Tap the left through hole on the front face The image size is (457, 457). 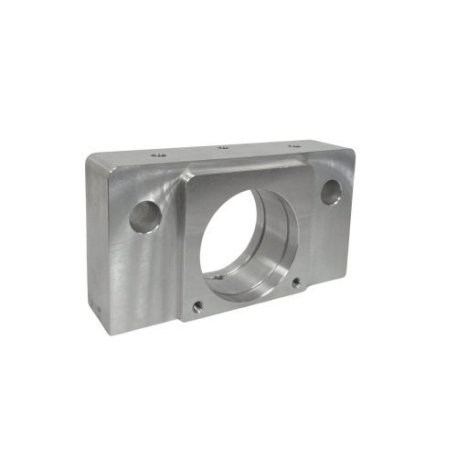click(144, 216)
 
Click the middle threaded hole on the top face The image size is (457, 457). click(222, 148)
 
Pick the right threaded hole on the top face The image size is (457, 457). click(294, 144)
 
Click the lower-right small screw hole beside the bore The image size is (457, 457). click(294, 282)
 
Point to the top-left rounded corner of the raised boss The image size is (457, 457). click(188, 176)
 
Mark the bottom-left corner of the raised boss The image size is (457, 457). click(184, 321)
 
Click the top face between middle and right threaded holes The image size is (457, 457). click(259, 146)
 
